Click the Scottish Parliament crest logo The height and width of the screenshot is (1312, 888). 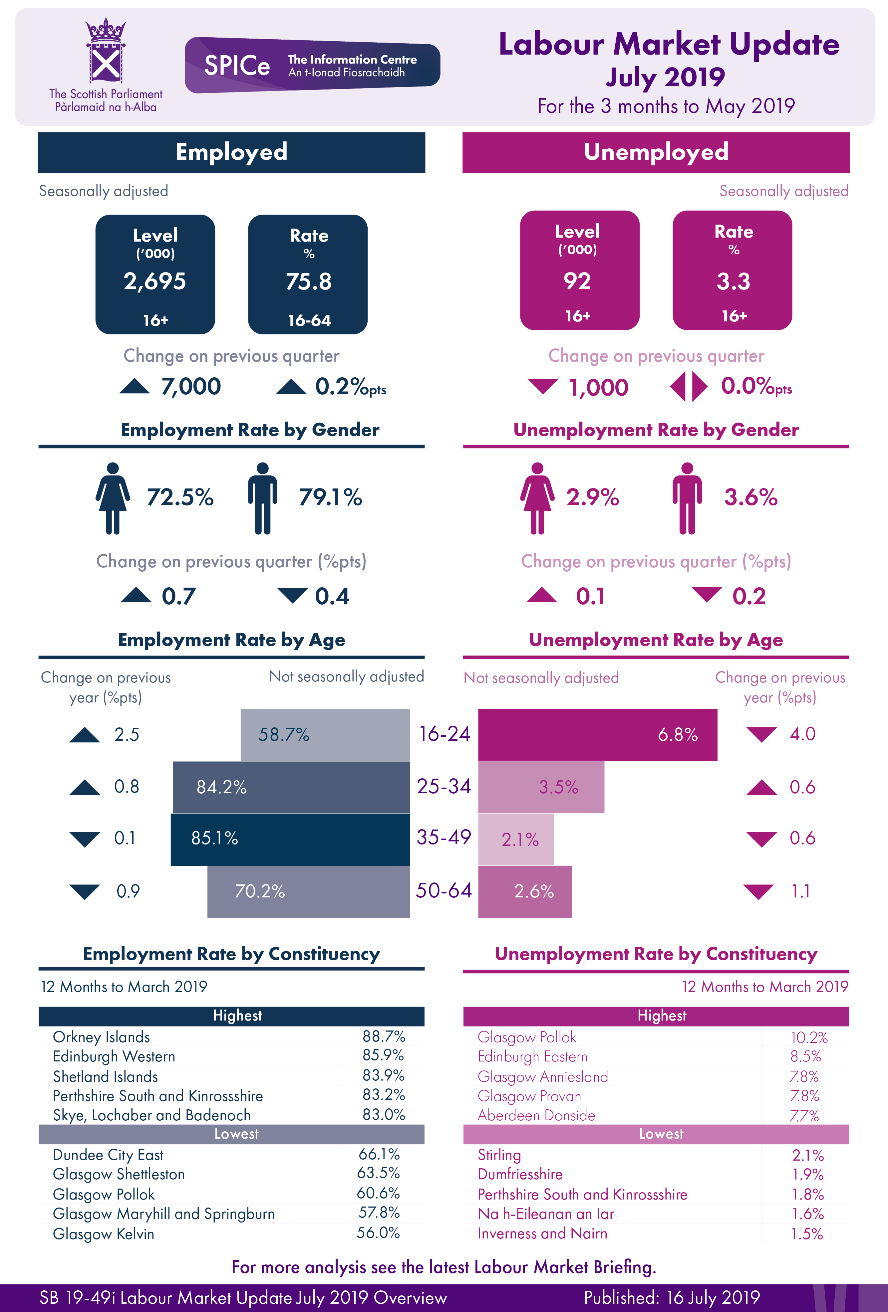coord(105,51)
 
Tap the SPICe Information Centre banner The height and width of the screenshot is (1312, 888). coord(312,65)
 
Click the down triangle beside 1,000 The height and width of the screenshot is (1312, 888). coord(543,386)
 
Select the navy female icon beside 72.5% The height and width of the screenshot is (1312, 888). coord(113,498)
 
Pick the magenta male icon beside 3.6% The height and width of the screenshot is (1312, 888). coord(687,498)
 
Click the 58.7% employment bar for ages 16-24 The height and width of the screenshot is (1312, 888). coord(325,734)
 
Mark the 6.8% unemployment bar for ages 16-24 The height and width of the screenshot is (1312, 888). coord(597,734)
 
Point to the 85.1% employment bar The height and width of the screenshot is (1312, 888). coord(290,839)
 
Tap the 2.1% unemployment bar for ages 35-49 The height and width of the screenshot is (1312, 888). coord(516,839)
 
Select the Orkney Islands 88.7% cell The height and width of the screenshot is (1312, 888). coord(384,1036)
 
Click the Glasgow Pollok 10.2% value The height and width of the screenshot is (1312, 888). coord(809,1037)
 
